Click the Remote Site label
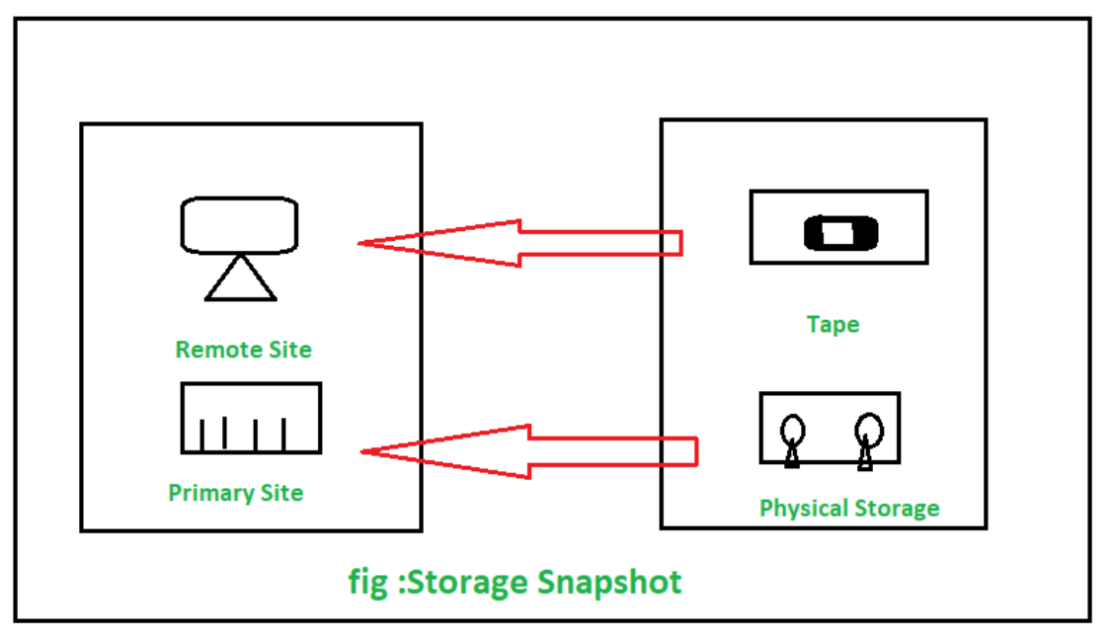(243, 349)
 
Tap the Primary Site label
(235, 493)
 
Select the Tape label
(833, 324)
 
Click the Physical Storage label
(848, 508)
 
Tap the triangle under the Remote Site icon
(240, 280)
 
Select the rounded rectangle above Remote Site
(239, 224)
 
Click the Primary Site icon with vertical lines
(251, 418)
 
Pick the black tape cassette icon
(839, 233)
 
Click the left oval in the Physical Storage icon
(792, 431)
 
